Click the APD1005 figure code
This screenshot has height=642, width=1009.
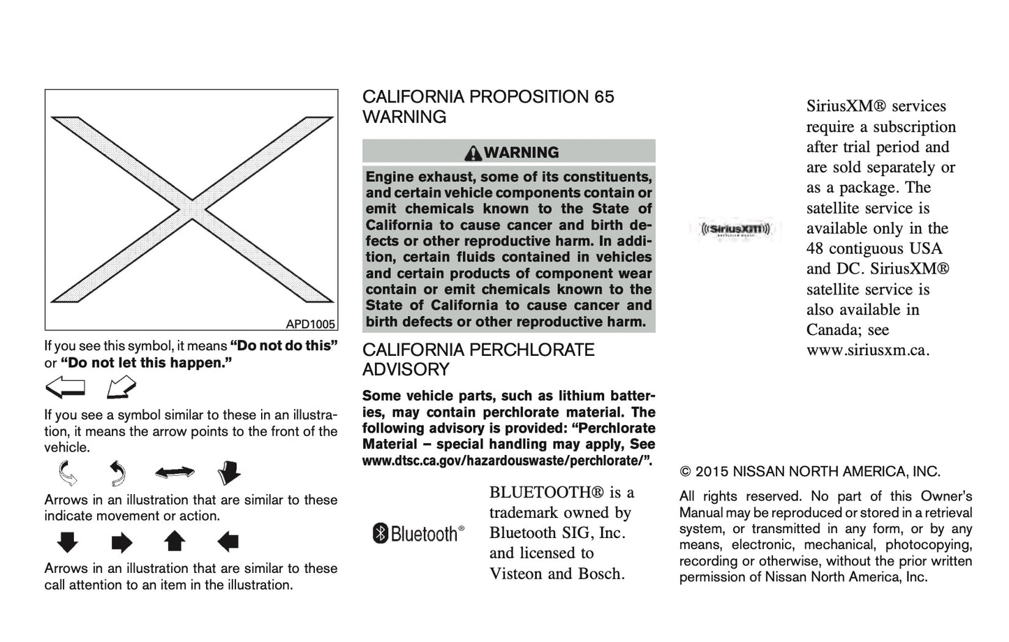tap(311, 324)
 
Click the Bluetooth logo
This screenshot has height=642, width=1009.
tap(418, 534)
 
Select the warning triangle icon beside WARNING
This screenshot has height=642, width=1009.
tap(473, 153)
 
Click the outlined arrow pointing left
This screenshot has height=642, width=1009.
tap(65, 387)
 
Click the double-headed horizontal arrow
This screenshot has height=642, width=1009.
tap(175, 473)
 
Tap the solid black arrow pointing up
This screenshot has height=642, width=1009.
tap(174, 542)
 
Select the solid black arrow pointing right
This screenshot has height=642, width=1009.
tap(121, 542)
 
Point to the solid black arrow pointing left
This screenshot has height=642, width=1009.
tap(228, 542)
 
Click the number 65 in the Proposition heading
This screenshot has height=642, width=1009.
tap(604, 97)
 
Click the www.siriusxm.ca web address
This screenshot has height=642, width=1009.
tap(867, 350)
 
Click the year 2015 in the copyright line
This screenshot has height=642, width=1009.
tap(712, 472)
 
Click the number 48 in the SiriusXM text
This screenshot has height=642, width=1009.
tap(815, 249)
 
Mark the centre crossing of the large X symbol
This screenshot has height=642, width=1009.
tap(191, 209)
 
